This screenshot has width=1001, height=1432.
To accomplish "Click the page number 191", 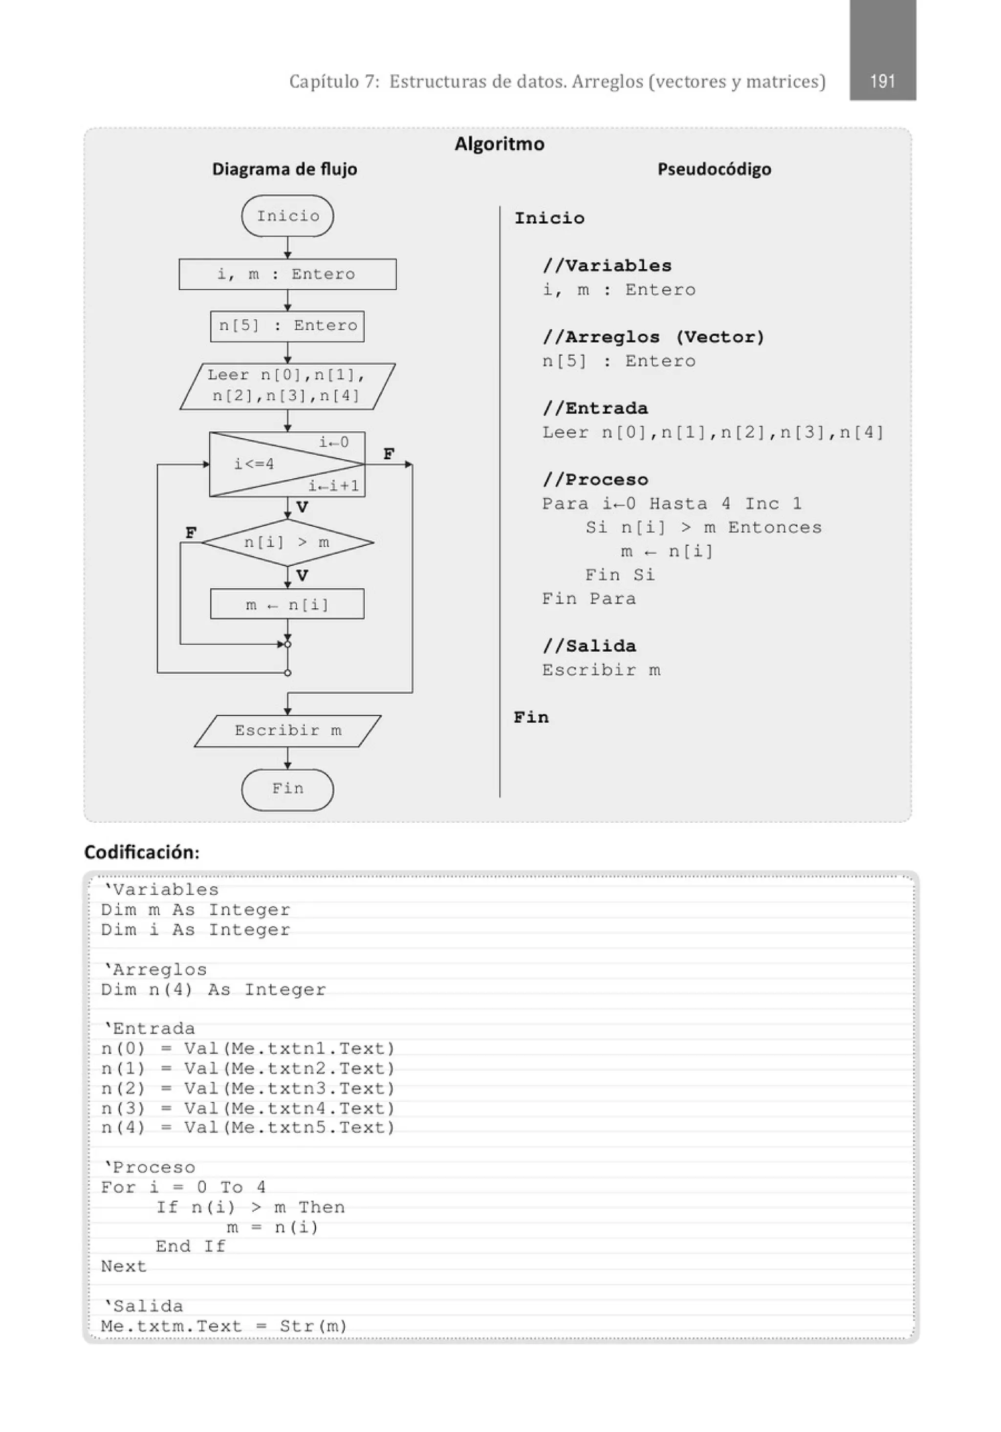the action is pos(882,81).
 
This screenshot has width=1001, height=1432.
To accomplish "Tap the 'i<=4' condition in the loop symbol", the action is pos(254,464).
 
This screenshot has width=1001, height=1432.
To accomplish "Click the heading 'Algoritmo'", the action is pos(499,144).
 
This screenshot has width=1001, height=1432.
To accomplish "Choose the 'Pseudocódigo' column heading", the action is pos(714,169).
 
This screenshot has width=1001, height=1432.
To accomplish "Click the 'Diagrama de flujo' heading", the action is pos(284,169).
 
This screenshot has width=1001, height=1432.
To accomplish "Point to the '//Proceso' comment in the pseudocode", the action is pos(595,480).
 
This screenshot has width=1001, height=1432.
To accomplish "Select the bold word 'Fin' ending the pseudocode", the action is pos(531,717).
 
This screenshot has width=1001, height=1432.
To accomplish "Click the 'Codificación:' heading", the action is pos(142,852).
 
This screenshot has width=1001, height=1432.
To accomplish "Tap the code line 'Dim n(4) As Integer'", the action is pos(214,990).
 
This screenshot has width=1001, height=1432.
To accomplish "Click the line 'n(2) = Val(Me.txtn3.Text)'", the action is pos(248,1089).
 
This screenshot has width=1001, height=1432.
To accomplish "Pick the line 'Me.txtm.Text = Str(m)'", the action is pos(224,1326).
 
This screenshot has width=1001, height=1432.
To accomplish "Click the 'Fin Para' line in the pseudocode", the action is pos(588,599).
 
